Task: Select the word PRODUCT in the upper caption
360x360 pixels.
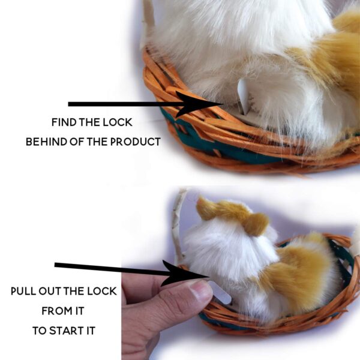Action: point(136,142)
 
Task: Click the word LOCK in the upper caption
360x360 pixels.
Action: point(118,122)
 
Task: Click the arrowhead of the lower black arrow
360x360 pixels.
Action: point(184,273)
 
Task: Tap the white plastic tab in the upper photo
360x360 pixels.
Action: point(244,96)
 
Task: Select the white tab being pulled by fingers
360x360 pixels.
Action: point(220,293)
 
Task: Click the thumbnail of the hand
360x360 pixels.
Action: point(200,290)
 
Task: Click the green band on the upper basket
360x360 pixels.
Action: point(220,147)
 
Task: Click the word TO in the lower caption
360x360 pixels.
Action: point(39,331)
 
